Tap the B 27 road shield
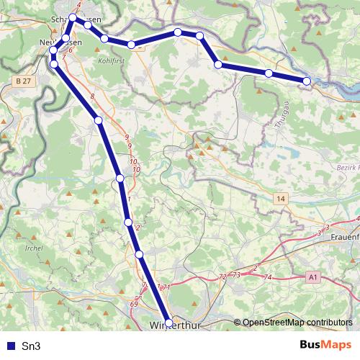pyautogui.click(x=22, y=83)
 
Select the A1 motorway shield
pyautogui.click(x=312, y=276)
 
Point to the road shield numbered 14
pyautogui.click(x=279, y=198)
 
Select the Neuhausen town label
pyautogui.click(x=60, y=43)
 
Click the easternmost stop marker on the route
pyautogui.click(x=307, y=81)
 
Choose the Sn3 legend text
pyautogui.click(x=31, y=346)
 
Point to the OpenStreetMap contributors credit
pyautogui.click(x=297, y=322)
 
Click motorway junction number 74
pyautogui.click(x=268, y=277)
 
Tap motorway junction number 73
pyautogui.click(x=236, y=276)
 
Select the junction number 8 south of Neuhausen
pyautogui.click(x=92, y=96)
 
